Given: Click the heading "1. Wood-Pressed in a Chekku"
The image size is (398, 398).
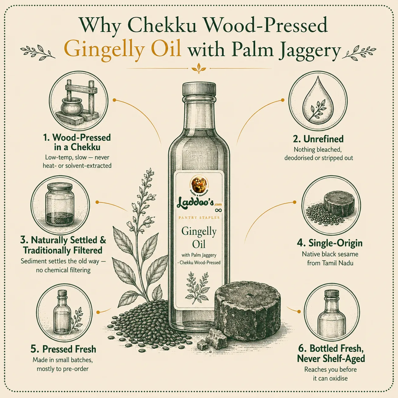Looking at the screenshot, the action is coord(77,142).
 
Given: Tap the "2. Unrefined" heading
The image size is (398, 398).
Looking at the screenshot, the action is coord(318,139).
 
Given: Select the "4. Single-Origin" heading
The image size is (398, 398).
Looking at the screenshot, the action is coord(330,243).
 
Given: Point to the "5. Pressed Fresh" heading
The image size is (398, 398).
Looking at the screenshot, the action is coord(63,349).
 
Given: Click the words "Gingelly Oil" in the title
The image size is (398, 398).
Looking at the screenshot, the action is coord(123,50).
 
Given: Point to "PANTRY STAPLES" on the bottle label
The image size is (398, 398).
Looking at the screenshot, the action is coord(199,218).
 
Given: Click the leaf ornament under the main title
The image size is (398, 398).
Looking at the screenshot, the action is coord(199,68).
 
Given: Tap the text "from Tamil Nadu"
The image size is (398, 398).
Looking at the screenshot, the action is coord(330,263).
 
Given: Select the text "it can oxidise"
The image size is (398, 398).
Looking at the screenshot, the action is coord(330,378).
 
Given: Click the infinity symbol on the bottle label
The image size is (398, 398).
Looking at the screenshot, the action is coord(218,210).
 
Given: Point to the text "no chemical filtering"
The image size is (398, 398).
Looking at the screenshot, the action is coord(63,270).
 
